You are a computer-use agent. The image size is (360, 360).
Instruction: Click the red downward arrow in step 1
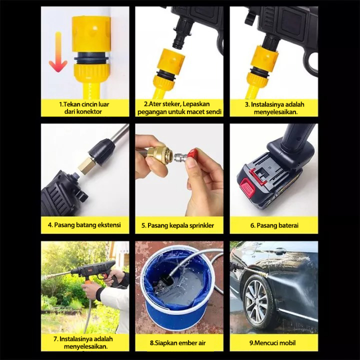tap(58, 53)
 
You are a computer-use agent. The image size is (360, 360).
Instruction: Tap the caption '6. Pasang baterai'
tap(274, 225)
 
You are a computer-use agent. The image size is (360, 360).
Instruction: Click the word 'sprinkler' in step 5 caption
tap(202, 225)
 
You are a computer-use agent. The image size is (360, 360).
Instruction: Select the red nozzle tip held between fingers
tap(192, 153)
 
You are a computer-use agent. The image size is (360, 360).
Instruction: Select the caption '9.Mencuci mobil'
tap(272, 343)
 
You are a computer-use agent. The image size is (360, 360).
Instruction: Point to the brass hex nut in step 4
tap(85, 166)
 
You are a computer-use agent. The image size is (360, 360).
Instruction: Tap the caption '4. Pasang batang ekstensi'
tap(84, 225)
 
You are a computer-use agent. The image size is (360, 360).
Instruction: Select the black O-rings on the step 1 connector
tap(91, 59)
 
